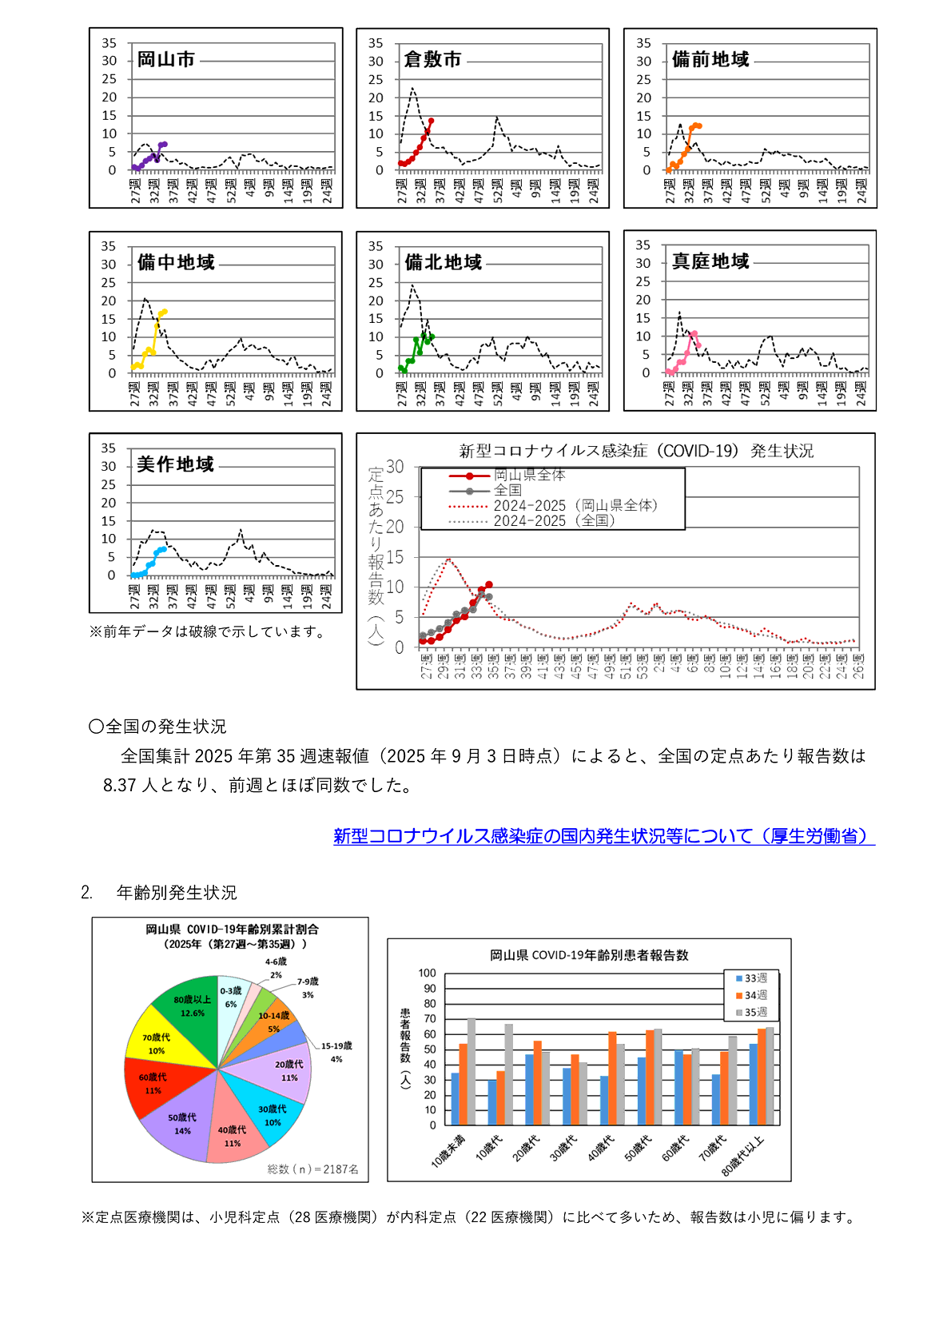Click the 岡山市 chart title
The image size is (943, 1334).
(x=165, y=60)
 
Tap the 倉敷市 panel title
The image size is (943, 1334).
(x=432, y=60)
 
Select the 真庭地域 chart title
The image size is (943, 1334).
(x=710, y=262)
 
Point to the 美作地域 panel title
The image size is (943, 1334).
(x=175, y=465)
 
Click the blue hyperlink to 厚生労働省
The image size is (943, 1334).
(x=603, y=836)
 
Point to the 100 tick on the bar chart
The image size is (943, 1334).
(x=428, y=974)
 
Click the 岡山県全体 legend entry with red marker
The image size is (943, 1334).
(x=527, y=476)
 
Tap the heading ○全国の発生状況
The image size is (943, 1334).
(x=157, y=727)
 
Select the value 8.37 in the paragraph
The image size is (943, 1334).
(x=120, y=786)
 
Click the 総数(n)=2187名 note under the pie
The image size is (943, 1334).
(x=312, y=1169)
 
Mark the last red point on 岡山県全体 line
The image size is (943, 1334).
(x=489, y=585)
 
